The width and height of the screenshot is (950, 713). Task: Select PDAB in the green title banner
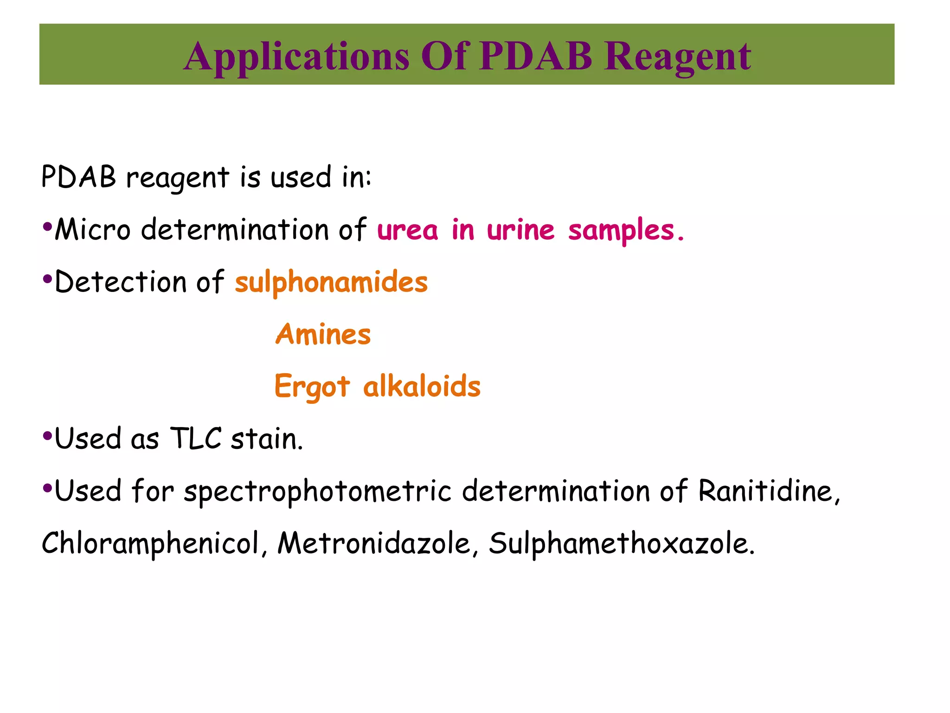(x=536, y=56)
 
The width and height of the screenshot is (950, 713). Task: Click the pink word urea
(x=407, y=230)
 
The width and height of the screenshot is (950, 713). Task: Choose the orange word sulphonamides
(x=331, y=282)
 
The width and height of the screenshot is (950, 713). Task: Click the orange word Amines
(x=323, y=334)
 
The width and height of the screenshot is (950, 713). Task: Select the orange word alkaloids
(x=422, y=386)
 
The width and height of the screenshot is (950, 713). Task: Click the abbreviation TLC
(x=196, y=438)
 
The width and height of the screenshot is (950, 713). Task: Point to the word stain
(x=267, y=439)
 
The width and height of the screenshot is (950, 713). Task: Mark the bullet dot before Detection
(x=46, y=279)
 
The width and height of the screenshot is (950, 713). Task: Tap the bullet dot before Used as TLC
(x=46, y=436)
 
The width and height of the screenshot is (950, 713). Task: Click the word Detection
(x=121, y=282)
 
